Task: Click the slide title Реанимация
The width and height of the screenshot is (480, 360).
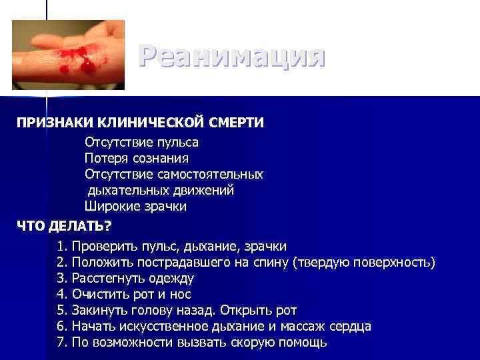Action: pyautogui.click(x=232, y=57)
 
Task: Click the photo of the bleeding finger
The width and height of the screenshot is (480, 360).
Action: pyautogui.click(x=69, y=55)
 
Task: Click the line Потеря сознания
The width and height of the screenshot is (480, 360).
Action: pyautogui.click(x=137, y=158)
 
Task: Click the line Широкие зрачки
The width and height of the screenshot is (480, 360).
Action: pyautogui.click(x=135, y=206)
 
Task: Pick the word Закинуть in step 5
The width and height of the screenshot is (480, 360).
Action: pyautogui.click(x=98, y=311)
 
